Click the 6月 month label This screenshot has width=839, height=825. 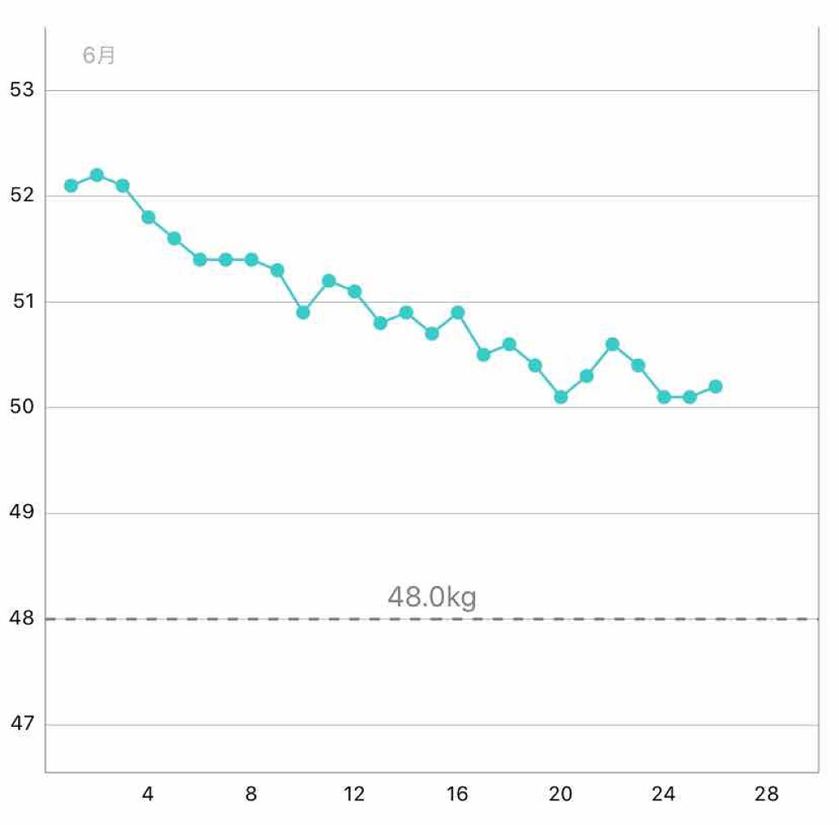pyautogui.click(x=99, y=56)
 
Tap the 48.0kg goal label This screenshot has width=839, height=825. pyautogui.click(x=432, y=597)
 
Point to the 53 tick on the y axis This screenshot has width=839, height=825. pyautogui.click(x=22, y=90)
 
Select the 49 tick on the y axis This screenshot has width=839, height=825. pyautogui.click(x=22, y=513)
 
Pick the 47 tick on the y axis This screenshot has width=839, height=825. pyautogui.click(x=22, y=724)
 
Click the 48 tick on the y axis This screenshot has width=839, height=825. pyautogui.click(x=22, y=619)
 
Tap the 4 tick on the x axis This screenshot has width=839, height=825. pyautogui.click(x=147, y=794)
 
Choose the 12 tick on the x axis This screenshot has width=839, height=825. pyautogui.click(x=354, y=794)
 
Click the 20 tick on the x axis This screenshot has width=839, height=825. pyautogui.click(x=560, y=794)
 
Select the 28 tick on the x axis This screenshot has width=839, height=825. pyautogui.click(x=767, y=794)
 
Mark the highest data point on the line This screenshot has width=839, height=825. pyautogui.click(x=97, y=174)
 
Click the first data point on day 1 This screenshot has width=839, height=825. pyautogui.click(x=70, y=185)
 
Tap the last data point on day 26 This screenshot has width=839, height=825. pyautogui.click(x=715, y=386)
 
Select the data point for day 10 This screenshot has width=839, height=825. pyautogui.click(x=303, y=312)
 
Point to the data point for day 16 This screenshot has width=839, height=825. pyautogui.click(x=457, y=312)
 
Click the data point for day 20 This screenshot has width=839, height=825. pyautogui.click(x=560, y=397)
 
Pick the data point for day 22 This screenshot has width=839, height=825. pyautogui.click(x=612, y=344)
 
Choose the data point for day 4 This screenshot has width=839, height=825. pyautogui.click(x=148, y=217)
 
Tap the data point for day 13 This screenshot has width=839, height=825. pyautogui.click(x=380, y=322)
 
